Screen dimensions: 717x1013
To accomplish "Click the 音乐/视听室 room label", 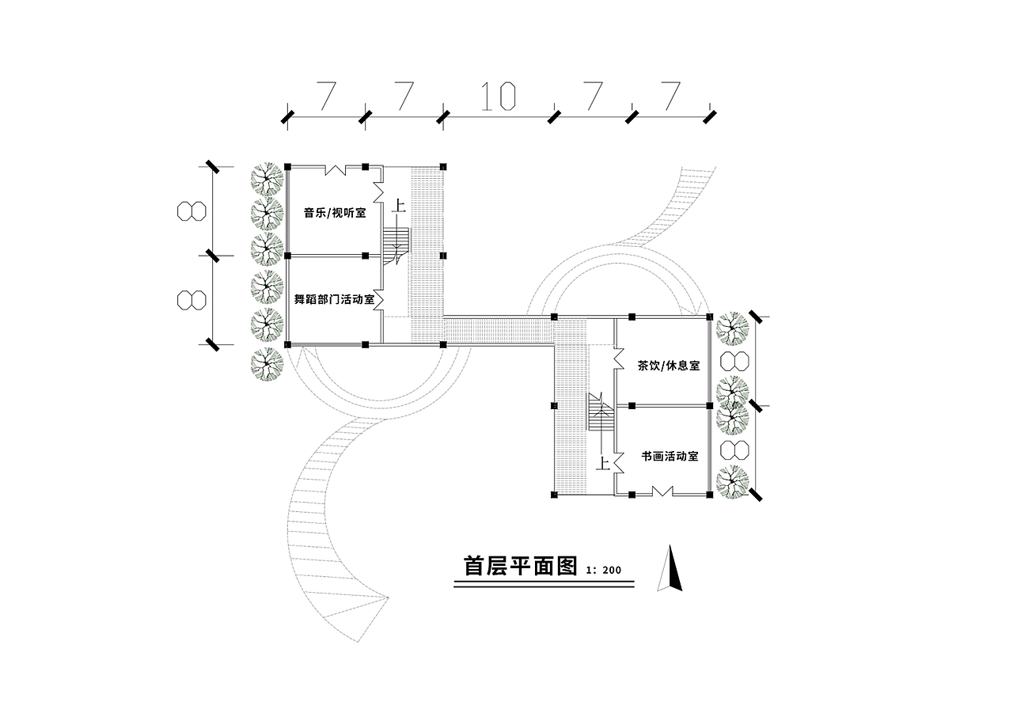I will [x=334, y=213].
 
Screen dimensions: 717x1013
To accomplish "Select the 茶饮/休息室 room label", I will [x=669, y=366].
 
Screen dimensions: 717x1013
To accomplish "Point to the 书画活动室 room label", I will [x=670, y=457].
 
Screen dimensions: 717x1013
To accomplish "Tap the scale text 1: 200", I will [x=604, y=570].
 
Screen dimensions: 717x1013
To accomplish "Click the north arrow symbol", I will [x=670, y=568].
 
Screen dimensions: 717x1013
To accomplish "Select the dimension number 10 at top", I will [x=498, y=96].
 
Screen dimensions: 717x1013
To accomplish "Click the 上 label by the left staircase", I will [x=399, y=207].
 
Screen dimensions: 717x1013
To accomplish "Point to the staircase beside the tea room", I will [x=601, y=414].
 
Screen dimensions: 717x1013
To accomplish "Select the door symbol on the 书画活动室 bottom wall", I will [x=661, y=491].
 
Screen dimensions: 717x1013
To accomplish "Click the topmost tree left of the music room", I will [x=267, y=180].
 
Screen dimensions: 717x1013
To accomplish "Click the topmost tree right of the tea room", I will [x=731, y=328].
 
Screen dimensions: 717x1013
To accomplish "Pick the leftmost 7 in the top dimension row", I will [x=324, y=96].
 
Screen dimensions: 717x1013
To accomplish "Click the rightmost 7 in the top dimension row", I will [x=670, y=96].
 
